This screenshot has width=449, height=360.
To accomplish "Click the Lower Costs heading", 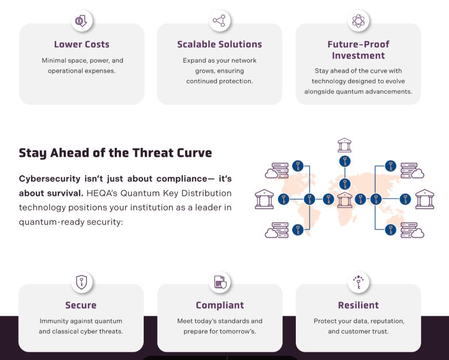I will (x=82, y=44).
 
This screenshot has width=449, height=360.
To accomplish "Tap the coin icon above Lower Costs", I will (x=82, y=21).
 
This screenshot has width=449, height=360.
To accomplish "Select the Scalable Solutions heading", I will (x=219, y=44).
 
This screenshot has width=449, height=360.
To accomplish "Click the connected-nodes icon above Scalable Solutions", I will (x=219, y=21).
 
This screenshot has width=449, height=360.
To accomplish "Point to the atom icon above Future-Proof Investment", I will (x=358, y=21).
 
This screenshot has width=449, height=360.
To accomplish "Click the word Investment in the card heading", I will (x=358, y=56).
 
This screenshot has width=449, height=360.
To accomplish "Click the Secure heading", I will (x=81, y=305).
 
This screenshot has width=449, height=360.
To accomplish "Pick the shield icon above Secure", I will (x=82, y=282).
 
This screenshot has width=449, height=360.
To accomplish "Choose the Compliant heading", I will (x=220, y=305).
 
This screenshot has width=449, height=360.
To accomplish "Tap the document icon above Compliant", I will (x=219, y=282).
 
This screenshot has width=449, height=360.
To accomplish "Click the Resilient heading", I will (x=358, y=305).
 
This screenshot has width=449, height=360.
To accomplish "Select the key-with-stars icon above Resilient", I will (x=358, y=282).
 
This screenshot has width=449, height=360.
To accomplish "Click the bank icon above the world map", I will (x=344, y=145).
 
